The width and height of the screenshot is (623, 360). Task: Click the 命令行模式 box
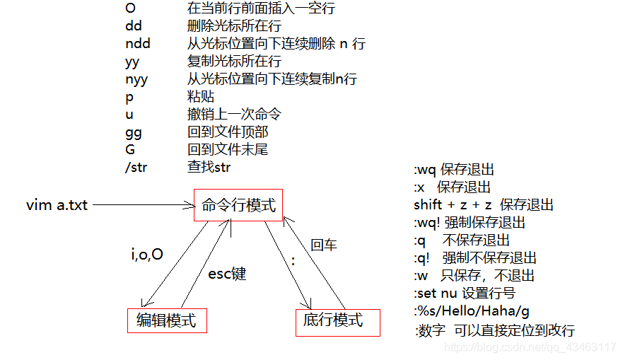pyautogui.click(x=238, y=205)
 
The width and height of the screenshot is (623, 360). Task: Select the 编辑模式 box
pyautogui.click(x=166, y=320)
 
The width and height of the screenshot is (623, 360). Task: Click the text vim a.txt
pyautogui.click(x=57, y=205)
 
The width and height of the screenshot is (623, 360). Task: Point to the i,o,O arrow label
pyautogui.click(x=147, y=254)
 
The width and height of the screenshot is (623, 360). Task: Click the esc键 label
pyautogui.click(x=226, y=274)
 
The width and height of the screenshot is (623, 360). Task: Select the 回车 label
pyautogui.click(x=324, y=245)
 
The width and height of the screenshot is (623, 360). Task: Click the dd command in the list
pyautogui.click(x=134, y=26)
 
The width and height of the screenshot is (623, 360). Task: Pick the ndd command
pyautogui.click(x=137, y=44)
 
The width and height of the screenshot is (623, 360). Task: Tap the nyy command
pyautogui.click(x=136, y=79)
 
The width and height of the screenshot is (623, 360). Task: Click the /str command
pyautogui.click(x=139, y=168)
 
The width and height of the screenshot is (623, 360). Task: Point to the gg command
pyautogui.click(x=134, y=132)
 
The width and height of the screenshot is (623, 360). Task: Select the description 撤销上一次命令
pyautogui.click(x=234, y=115)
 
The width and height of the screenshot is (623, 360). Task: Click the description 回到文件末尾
pyautogui.click(x=228, y=150)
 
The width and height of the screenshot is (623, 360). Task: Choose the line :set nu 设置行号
pyautogui.click(x=465, y=294)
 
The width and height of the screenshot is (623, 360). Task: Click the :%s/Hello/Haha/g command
pyautogui.click(x=472, y=311)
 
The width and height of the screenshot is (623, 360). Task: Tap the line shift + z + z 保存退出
pyautogui.click(x=484, y=205)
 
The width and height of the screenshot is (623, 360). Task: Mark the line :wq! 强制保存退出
pyautogui.click(x=470, y=223)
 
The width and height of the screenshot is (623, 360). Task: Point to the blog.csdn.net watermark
pyautogui.click(x=531, y=347)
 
